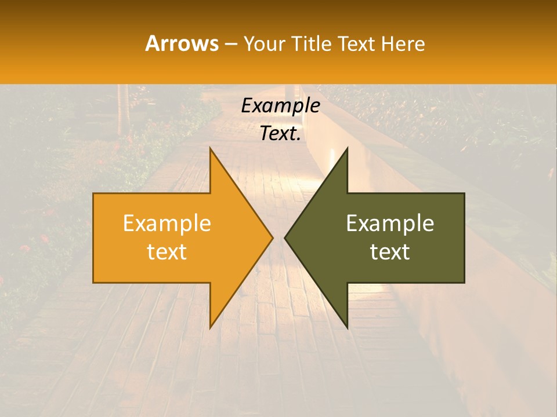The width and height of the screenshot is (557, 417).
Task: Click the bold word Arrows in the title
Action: [x=182, y=43]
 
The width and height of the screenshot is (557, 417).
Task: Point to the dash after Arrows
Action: [x=230, y=44]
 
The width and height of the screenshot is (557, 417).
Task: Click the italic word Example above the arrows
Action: [x=280, y=106]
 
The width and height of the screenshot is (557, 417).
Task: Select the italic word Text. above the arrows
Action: [x=280, y=133]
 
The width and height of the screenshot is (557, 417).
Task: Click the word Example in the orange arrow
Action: [x=167, y=224]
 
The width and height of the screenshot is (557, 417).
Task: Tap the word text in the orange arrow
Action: [x=167, y=252]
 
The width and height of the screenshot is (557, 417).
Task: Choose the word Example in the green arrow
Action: [x=390, y=224]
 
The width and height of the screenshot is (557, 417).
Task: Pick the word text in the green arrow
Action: [x=390, y=252]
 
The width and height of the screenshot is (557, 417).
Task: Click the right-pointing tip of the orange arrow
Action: [x=273, y=237]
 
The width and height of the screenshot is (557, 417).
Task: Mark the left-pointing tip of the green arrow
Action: [x=285, y=237]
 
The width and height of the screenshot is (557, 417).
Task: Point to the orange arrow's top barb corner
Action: [x=210, y=148]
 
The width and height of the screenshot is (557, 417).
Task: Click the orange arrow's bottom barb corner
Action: [x=210, y=328]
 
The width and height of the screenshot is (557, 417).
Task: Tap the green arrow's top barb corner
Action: [x=347, y=148]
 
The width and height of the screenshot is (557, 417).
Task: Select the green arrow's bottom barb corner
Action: [x=347, y=328]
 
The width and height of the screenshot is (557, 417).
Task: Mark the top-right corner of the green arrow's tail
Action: [x=464, y=193]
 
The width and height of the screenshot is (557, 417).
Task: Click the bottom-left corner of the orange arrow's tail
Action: [x=93, y=283]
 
